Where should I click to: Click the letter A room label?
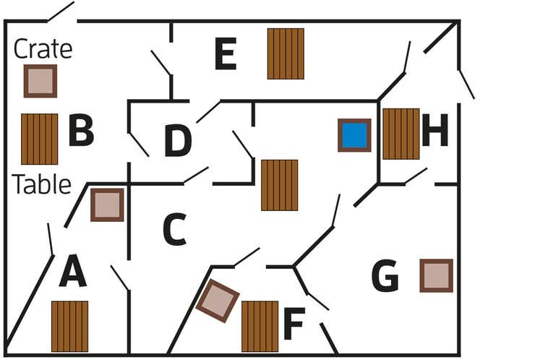(72, 273)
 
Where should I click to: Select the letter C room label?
(174, 230)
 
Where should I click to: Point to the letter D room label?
(178, 141)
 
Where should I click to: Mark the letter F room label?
(294, 324)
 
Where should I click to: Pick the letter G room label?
(385, 277)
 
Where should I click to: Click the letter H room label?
(435, 132)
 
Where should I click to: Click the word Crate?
(43, 49)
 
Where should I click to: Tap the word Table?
(42, 184)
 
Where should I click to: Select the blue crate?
(354, 135)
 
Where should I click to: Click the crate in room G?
(436, 275)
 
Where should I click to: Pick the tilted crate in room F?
(218, 301)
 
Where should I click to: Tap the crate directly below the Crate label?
(40, 81)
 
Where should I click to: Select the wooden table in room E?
(286, 53)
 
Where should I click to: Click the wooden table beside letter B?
(39, 139)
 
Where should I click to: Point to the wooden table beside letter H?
(400, 134)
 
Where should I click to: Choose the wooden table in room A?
(69, 326)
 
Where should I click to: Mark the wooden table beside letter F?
(260, 326)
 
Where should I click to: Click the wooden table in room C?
(279, 185)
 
